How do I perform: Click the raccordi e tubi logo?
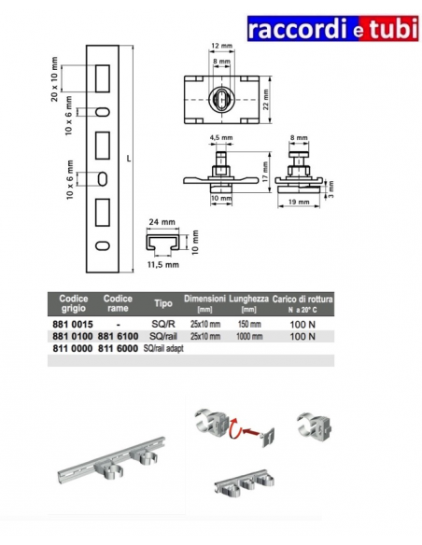[332, 29]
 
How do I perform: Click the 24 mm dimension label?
[162, 222]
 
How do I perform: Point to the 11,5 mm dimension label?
[163, 265]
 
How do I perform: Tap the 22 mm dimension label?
[266, 100]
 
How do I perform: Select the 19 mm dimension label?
[299, 202]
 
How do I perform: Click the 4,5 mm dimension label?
[221, 137]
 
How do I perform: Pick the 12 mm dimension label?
[221, 46]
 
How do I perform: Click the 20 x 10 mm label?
[54, 79]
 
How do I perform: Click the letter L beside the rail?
[129, 159]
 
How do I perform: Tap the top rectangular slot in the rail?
[103, 78]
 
